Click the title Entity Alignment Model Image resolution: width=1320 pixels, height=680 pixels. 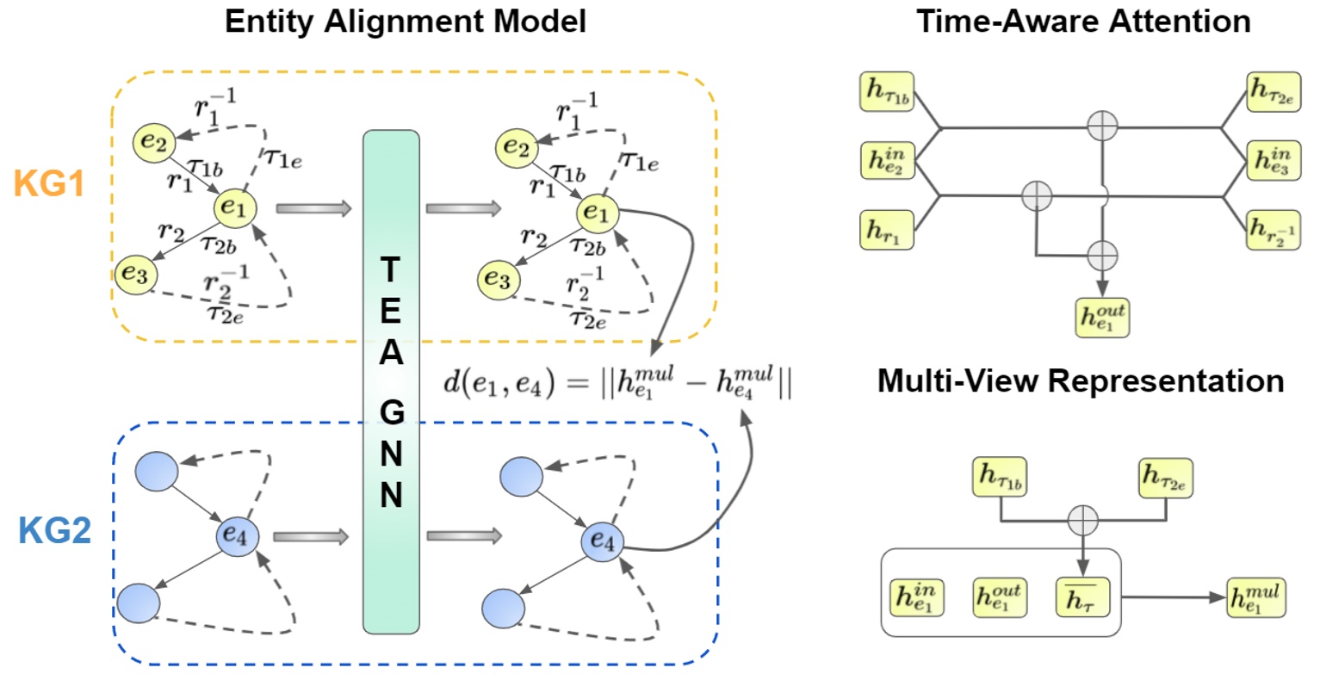pyautogui.click(x=405, y=21)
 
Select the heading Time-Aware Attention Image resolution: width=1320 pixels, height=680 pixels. pyautogui.click(x=1083, y=21)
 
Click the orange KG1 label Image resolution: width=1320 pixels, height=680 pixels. pyautogui.click(x=49, y=183)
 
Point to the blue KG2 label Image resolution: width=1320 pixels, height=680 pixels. pyautogui.click(x=54, y=531)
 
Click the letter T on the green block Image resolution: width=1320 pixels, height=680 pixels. pyautogui.click(x=390, y=270)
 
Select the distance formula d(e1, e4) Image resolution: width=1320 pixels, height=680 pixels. pyautogui.click(x=617, y=382)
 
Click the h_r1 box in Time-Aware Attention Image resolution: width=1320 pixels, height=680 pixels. pyautogui.click(x=886, y=230)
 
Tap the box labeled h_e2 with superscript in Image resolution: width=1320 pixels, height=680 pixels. pyautogui.click(x=887, y=161)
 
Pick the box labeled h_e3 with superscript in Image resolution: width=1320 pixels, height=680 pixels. pyautogui.click(x=1273, y=161)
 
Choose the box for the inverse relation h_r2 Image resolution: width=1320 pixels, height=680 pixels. pyautogui.click(x=1273, y=230)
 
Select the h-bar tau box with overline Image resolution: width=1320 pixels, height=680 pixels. pyautogui.click(x=1082, y=597)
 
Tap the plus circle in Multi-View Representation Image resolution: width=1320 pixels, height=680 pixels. pyautogui.click(x=1082, y=520)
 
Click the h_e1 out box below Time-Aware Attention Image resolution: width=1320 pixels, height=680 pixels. pyautogui.click(x=1102, y=317)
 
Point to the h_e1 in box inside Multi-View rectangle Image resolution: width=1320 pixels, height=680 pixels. pyautogui.click(x=916, y=597)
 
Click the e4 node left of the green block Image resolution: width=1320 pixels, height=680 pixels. pyautogui.click(x=237, y=536)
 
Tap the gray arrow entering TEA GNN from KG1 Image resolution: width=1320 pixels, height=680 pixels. pyautogui.click(x=313, y=207)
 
